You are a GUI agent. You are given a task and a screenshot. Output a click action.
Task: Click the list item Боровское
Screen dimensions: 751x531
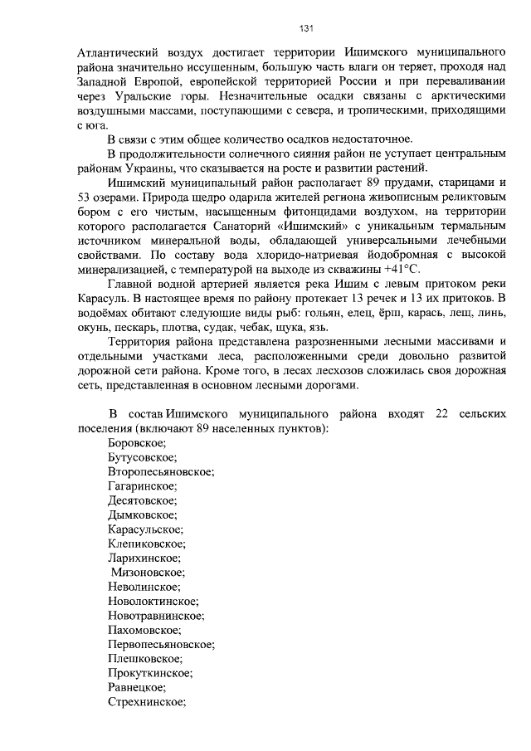coord(136,443)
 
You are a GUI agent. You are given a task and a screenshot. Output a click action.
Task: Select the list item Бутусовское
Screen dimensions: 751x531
coord(141,457)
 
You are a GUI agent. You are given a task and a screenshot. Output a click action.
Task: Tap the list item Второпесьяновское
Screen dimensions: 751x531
coord(161,471)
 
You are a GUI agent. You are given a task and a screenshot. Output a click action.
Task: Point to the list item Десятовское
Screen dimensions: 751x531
coord(142,500)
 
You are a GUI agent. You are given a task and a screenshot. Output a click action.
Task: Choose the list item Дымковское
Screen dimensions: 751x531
coord(142,514)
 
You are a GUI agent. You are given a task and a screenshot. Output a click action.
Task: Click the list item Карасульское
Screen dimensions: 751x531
coord(145,529)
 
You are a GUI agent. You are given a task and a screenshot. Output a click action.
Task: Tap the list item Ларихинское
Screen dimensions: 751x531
coord(144,558)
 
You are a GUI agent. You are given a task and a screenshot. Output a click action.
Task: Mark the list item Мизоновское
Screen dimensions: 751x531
coord(148,572)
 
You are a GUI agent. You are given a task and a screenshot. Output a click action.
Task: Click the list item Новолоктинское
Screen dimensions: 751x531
coord(153,601)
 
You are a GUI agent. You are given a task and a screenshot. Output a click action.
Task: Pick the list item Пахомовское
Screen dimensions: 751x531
coord(144,630)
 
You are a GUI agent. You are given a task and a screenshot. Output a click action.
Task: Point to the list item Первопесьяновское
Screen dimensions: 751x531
coord(161,644)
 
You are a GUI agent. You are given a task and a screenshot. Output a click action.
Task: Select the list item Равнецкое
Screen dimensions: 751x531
coord(136,687)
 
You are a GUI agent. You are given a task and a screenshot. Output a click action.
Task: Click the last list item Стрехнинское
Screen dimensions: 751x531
coord(145,701)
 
